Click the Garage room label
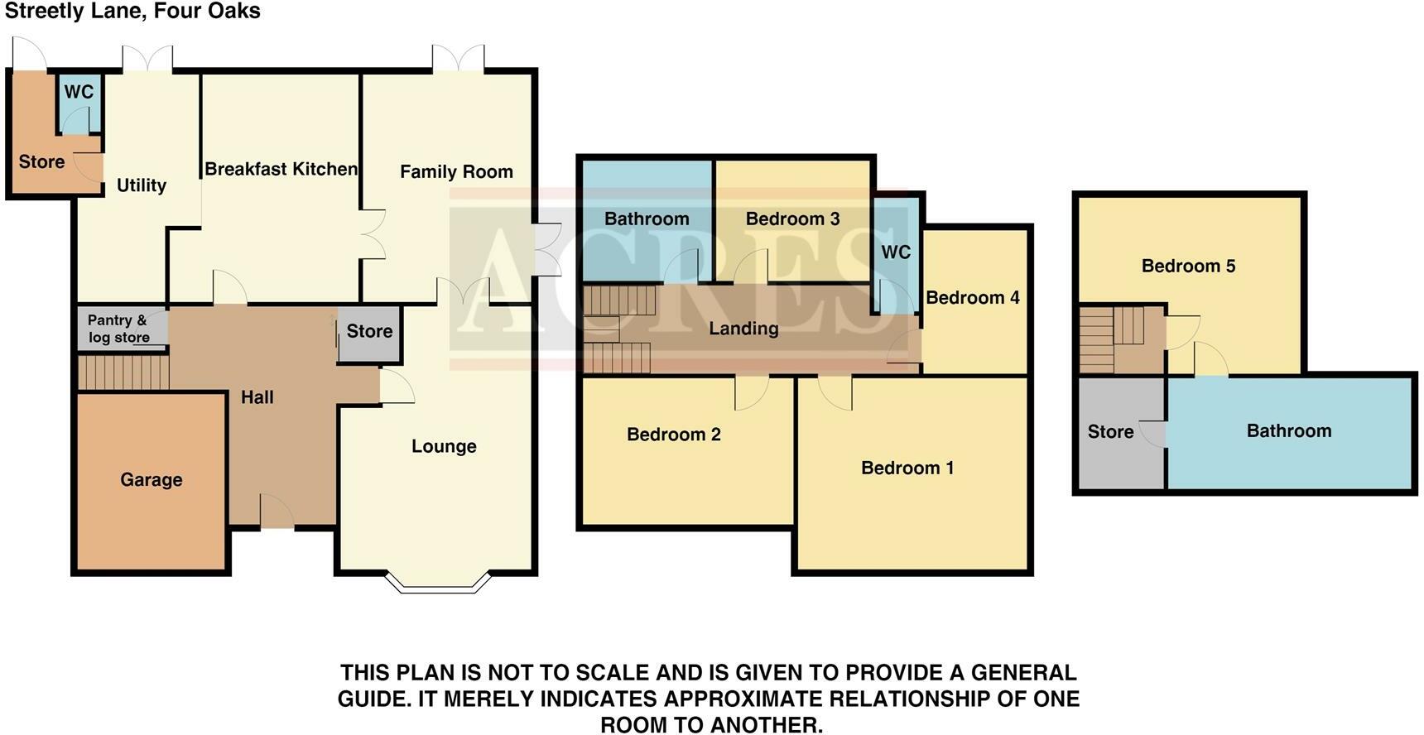[151, 480]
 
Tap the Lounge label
[444, 447]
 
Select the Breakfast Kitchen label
[281, 169]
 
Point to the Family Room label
[456, 171]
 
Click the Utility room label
[142, 185]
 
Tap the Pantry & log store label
[118, 329]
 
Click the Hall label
[257, 397]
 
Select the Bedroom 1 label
[907, 468]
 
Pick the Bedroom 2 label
[674, 435]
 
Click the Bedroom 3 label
[792, 219]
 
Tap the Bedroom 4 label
[973, 297]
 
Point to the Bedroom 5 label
[1188, 266]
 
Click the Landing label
[743, 329]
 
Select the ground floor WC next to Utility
[80, 103]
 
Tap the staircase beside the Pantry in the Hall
[123, 372]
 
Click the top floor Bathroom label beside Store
[1289, 430]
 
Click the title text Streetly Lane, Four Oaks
[132, 12]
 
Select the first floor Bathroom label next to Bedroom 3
[647, 219]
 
